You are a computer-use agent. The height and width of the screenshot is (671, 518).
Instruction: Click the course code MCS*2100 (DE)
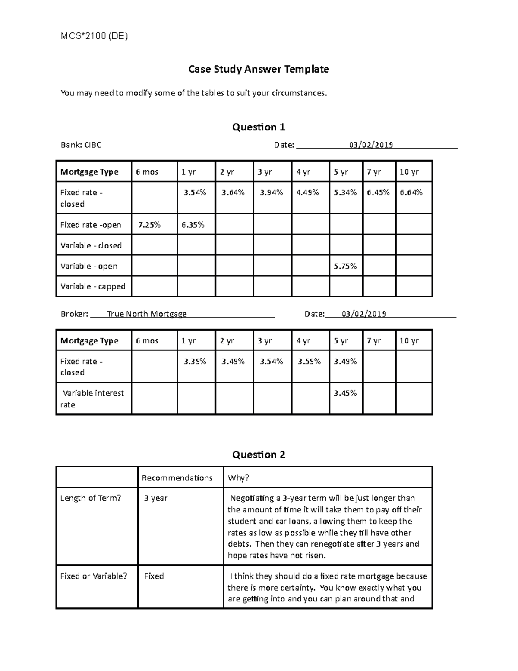94,36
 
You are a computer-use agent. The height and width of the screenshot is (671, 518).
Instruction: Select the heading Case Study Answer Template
259,69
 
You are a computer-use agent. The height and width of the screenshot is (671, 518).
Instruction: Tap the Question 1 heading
259,127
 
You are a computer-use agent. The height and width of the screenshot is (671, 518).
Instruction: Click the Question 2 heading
259,455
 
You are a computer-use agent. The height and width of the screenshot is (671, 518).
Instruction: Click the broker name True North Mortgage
147,314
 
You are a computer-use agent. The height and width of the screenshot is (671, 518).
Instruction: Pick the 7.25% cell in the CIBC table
149,225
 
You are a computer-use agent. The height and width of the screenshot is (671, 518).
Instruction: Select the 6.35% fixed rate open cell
193,225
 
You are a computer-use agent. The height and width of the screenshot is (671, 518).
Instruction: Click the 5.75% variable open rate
345,266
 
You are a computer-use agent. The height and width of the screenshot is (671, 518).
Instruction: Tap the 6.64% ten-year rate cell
411,193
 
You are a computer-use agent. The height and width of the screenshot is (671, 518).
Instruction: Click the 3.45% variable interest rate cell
345,393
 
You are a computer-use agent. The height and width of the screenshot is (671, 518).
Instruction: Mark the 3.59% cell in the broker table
309,362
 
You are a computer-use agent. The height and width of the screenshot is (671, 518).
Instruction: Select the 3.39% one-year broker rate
195,362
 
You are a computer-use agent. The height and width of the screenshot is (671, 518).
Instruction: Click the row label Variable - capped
93,286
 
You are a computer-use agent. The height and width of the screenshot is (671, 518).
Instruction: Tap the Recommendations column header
177,478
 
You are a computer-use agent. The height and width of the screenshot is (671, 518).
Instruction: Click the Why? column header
239,478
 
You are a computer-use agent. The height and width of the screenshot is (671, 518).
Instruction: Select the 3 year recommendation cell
156,498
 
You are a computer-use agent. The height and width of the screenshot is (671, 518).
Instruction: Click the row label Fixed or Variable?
94,576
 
